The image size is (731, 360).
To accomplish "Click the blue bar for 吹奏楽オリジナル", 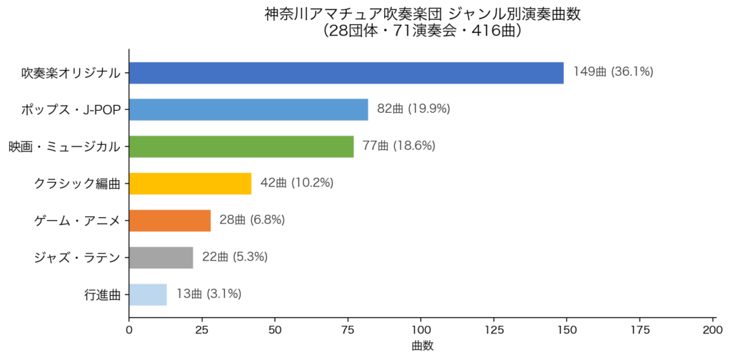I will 346,72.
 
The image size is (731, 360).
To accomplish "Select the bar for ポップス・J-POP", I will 248,109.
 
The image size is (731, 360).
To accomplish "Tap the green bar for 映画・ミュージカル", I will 241,146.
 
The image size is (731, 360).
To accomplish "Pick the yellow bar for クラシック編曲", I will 190,184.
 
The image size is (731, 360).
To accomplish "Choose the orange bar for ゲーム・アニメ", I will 170,221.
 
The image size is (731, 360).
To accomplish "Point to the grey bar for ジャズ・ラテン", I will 161,258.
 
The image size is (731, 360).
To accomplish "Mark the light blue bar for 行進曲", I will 148,294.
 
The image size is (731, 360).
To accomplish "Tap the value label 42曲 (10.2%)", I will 297,184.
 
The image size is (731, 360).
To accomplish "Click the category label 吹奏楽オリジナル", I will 71,72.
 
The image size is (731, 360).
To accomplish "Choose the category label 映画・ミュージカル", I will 64,146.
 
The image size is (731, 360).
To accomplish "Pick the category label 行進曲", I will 102,294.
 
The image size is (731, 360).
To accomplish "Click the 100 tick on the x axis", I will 421,330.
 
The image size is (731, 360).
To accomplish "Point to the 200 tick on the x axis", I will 713,330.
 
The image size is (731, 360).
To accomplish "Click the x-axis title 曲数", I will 422,346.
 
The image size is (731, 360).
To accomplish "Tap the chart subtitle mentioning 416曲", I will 422,31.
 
